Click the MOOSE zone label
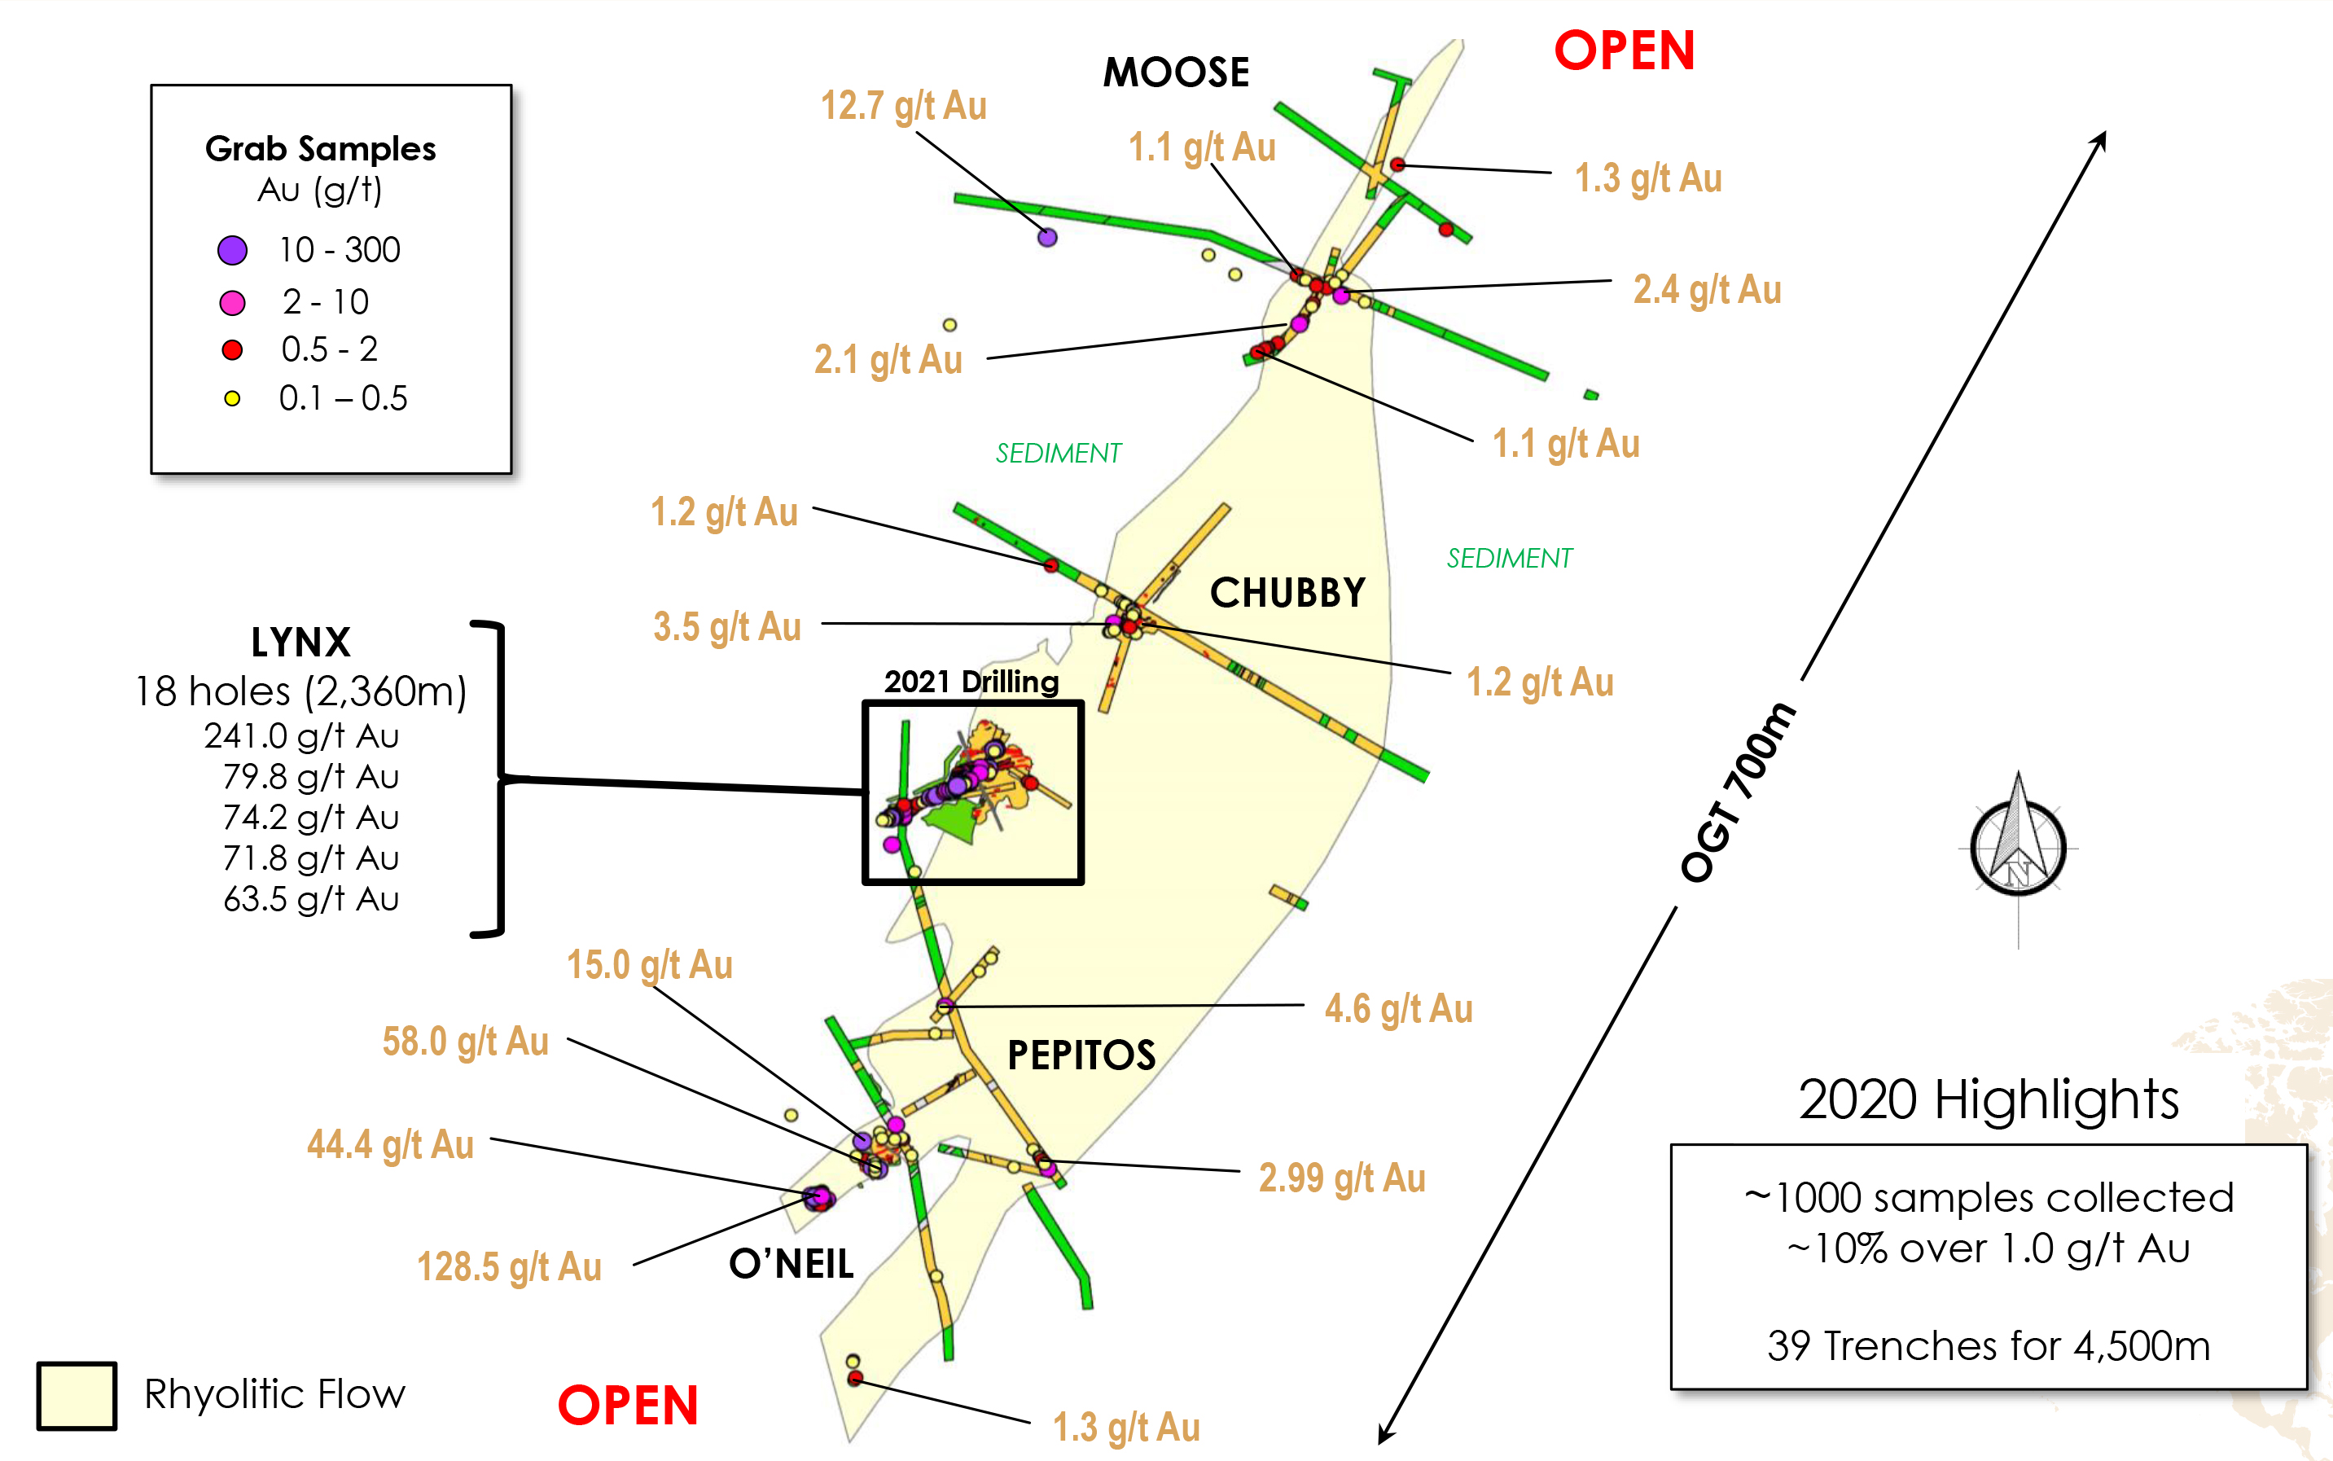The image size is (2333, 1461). pos(1176,72)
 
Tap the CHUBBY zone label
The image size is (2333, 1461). pos(1287,592)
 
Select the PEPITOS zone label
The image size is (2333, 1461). pos(1081,1054)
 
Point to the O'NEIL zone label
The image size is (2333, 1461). pos(792,1263)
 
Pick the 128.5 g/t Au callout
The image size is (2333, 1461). pos(509,1266)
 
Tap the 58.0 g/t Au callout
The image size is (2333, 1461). pos(466,1042)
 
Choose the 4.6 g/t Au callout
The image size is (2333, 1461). pos(1398,1009)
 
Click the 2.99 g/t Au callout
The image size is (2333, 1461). pos(1342,1178)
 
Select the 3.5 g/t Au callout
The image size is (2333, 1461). pos(727,626)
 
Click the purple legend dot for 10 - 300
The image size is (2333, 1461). pos(232,250)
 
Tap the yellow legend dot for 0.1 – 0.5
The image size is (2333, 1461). pos(232,398)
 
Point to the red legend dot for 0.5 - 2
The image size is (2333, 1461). pos(232,350)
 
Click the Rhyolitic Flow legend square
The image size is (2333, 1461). pos(77,1395)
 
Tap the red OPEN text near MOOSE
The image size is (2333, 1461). pos(1624,50)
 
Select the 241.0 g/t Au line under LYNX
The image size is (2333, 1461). pos(301,736)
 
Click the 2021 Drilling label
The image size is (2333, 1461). pos(971,681)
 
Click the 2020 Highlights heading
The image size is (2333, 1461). pos(1988,1099)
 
